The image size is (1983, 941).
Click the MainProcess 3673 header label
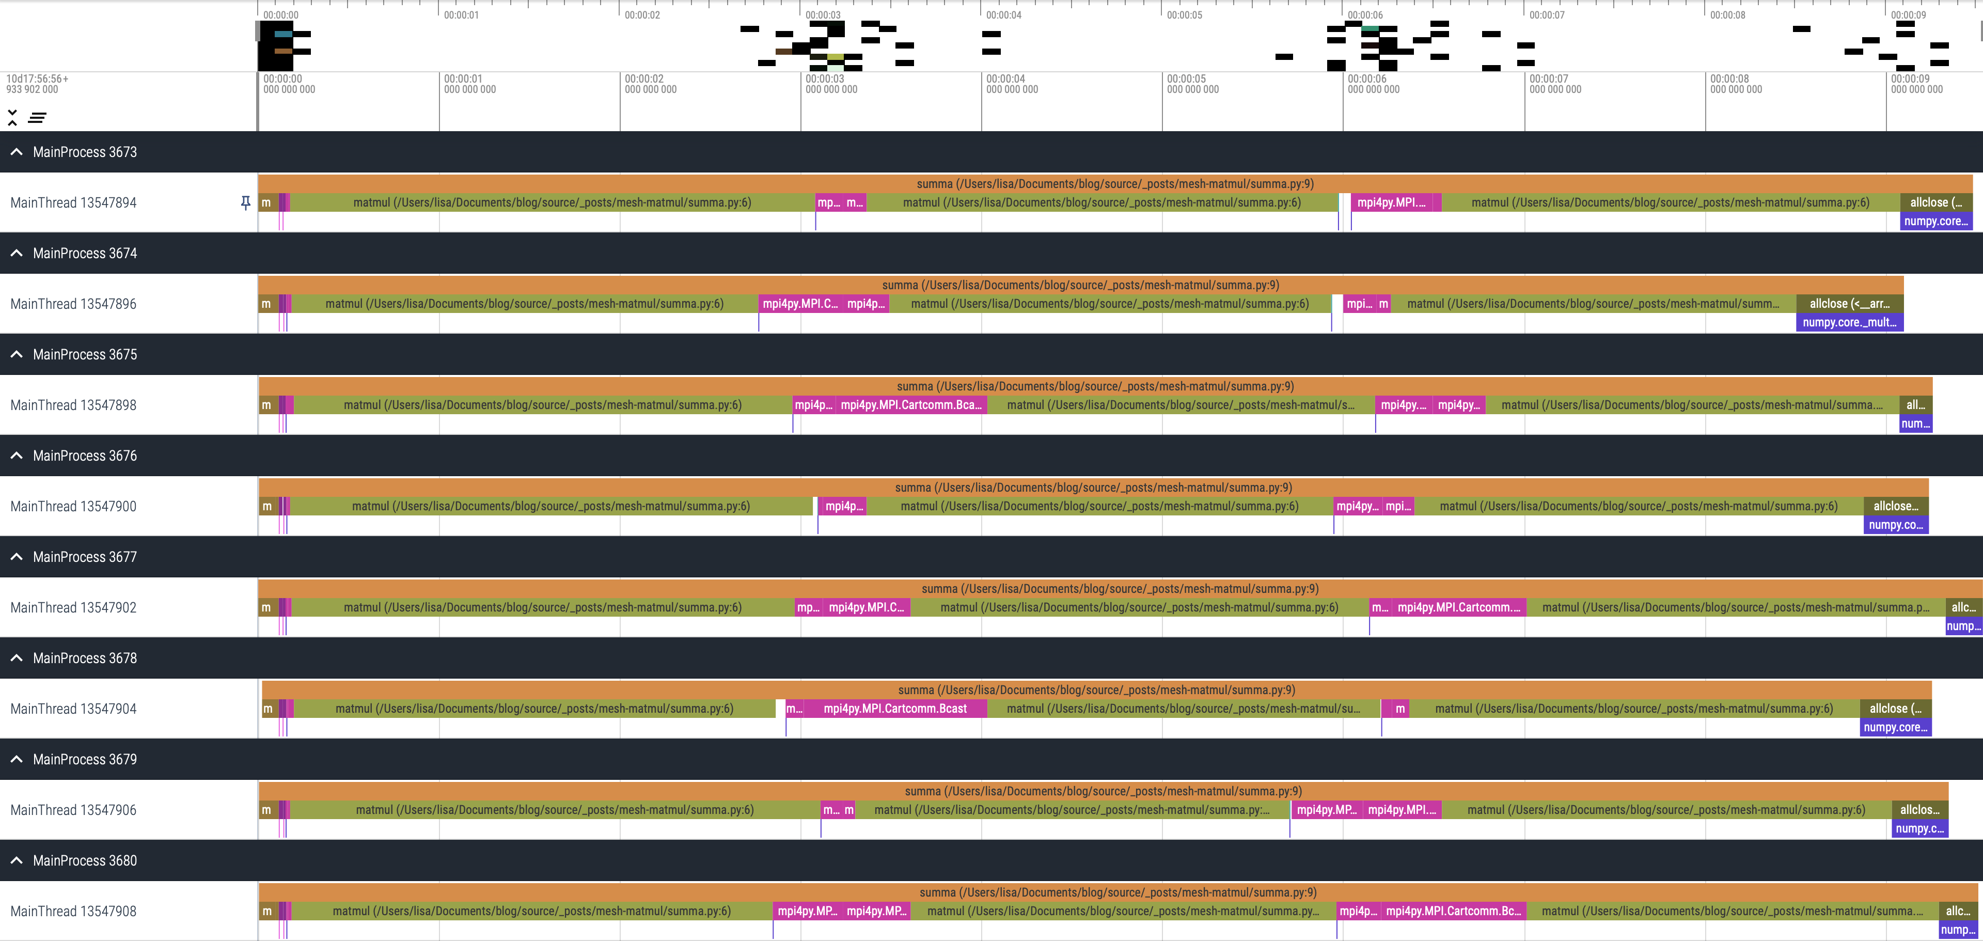(x=85, y=152)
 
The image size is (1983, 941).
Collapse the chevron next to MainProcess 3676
(x=16, y=456)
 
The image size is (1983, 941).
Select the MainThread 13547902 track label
(x=73, y=607)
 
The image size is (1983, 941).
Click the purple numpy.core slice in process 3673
(x=1935, y=222)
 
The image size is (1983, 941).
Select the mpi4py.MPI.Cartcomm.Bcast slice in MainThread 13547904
(x=894, y=709)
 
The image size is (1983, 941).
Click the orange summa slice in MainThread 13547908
(x=1117, y=892)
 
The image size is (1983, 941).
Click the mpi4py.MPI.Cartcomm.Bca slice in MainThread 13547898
(x=910, y=405)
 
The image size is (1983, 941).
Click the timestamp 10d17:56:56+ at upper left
(x=37, y=79)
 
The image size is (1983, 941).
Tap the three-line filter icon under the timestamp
(x=37, y=118)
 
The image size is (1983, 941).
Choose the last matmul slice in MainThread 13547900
(x=1638, y=507)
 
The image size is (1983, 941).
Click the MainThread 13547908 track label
(x=73, y=912)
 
